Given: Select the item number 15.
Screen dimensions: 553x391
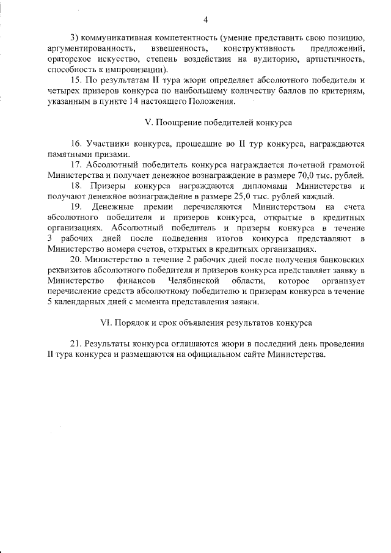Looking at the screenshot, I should (x=76, y=79).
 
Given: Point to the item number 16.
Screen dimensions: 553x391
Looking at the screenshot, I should (x=76, y=144).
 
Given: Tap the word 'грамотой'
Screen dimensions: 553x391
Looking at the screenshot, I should (x=342, y=164).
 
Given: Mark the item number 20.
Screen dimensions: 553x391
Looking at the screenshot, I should (x=76, y=259).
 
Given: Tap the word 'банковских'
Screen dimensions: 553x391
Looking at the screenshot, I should (x=340, y=259).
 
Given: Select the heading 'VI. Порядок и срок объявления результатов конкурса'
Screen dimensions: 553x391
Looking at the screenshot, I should (x=205, y=322).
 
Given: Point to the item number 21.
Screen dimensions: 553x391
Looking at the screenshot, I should (x=76, y=344).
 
